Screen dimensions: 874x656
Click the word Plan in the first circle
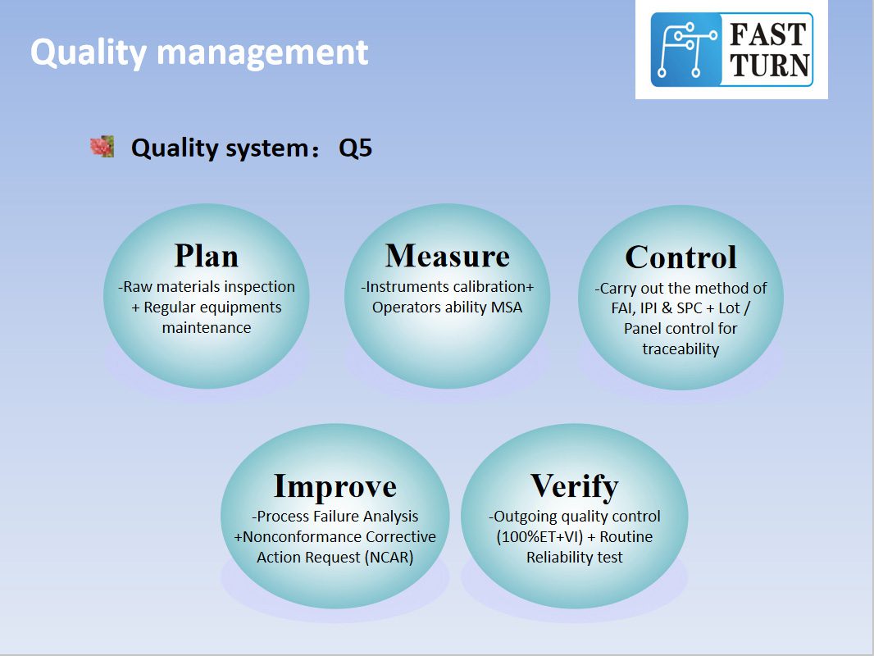207,256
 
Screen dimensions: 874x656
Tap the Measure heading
447,256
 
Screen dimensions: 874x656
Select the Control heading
681,257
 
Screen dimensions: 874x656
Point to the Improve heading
335,485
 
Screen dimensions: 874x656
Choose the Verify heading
574,486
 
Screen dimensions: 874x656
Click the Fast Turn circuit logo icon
686,50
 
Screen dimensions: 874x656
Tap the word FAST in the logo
767,34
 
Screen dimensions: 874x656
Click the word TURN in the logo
769,66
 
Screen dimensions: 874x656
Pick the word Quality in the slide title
89,53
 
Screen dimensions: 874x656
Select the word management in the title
262,53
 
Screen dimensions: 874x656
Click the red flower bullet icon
102,147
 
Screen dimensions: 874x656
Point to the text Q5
355,148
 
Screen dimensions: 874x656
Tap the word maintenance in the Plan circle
207,328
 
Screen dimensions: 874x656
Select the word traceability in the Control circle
681,349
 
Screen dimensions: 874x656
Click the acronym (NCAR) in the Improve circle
389,558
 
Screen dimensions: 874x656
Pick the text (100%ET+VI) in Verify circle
539,537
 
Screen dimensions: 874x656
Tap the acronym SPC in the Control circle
690,308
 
